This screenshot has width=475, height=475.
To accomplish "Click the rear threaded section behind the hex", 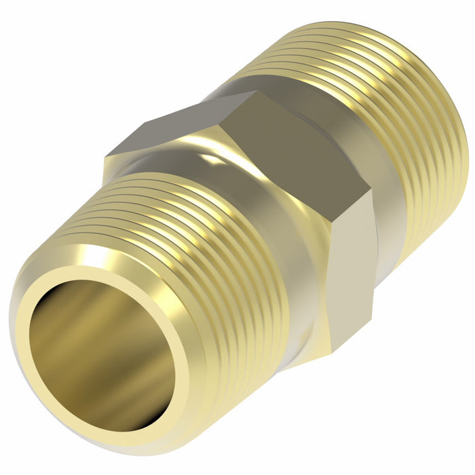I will click(380, 102).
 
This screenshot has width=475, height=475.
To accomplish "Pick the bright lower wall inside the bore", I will click(129, 394).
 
